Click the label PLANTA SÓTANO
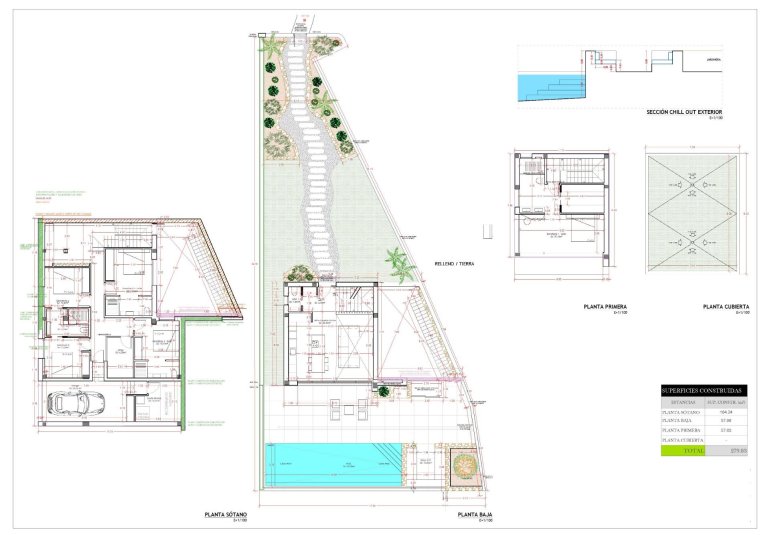tap(225, 514)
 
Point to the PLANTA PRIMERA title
tap(605, 307)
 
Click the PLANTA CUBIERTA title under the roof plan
tap(726, 307)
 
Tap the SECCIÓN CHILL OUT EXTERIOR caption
tap(684, 111)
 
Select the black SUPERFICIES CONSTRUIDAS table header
tap(702, 389)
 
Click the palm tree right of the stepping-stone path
tap(399, 264)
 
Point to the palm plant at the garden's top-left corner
tap(271, 45)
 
